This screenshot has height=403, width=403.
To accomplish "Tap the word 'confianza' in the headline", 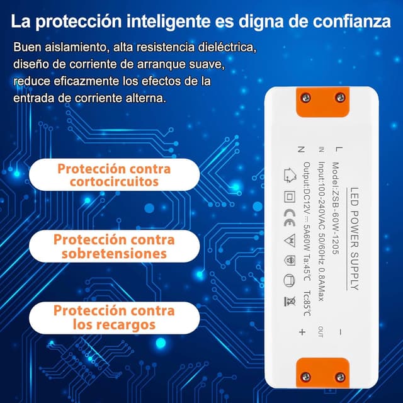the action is tap(351, 21).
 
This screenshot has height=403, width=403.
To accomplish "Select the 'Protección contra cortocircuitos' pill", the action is tap(115, 175).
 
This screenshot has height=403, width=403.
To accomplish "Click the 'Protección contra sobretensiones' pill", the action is tap(115, 246).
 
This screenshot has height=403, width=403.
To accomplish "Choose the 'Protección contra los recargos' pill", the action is tap(115, 318).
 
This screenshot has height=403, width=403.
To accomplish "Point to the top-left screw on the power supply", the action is tap(305, 98).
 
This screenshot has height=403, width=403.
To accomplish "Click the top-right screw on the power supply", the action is tap(340, 98).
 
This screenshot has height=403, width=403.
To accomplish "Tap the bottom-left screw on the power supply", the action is tap(305, 377).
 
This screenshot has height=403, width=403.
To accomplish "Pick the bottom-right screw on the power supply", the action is tap(340, 377).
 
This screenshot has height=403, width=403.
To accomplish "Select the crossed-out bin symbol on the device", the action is tap(290, 301).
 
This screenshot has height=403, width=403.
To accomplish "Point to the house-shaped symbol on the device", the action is tap(290, 175).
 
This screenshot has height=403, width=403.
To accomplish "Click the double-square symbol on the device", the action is tap(290, 197).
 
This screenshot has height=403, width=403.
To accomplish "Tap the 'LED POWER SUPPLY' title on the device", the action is tap(355, 239).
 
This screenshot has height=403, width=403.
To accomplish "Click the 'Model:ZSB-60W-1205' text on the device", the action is tap(336, 208).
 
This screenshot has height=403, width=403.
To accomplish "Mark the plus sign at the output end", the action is tap(302, 332).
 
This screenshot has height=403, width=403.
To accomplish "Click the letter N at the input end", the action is tap(301, 149).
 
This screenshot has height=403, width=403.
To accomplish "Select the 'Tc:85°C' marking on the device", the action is tap(307, 304).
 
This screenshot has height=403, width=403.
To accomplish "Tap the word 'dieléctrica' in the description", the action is tap(227, 47).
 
